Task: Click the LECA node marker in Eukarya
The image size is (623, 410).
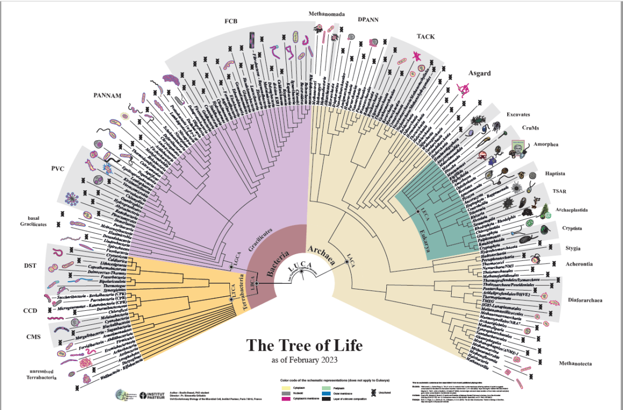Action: click(x=416, y=212)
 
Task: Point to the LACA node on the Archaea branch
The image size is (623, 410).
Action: click(x=347, y=262)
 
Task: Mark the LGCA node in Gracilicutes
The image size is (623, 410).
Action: click(x=231, y=268)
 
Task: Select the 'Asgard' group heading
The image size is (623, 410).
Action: click(x=480, y=73)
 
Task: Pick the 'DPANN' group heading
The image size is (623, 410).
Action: click(x=368, y=20)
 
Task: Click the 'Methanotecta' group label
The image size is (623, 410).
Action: click(x=575, y=363)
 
